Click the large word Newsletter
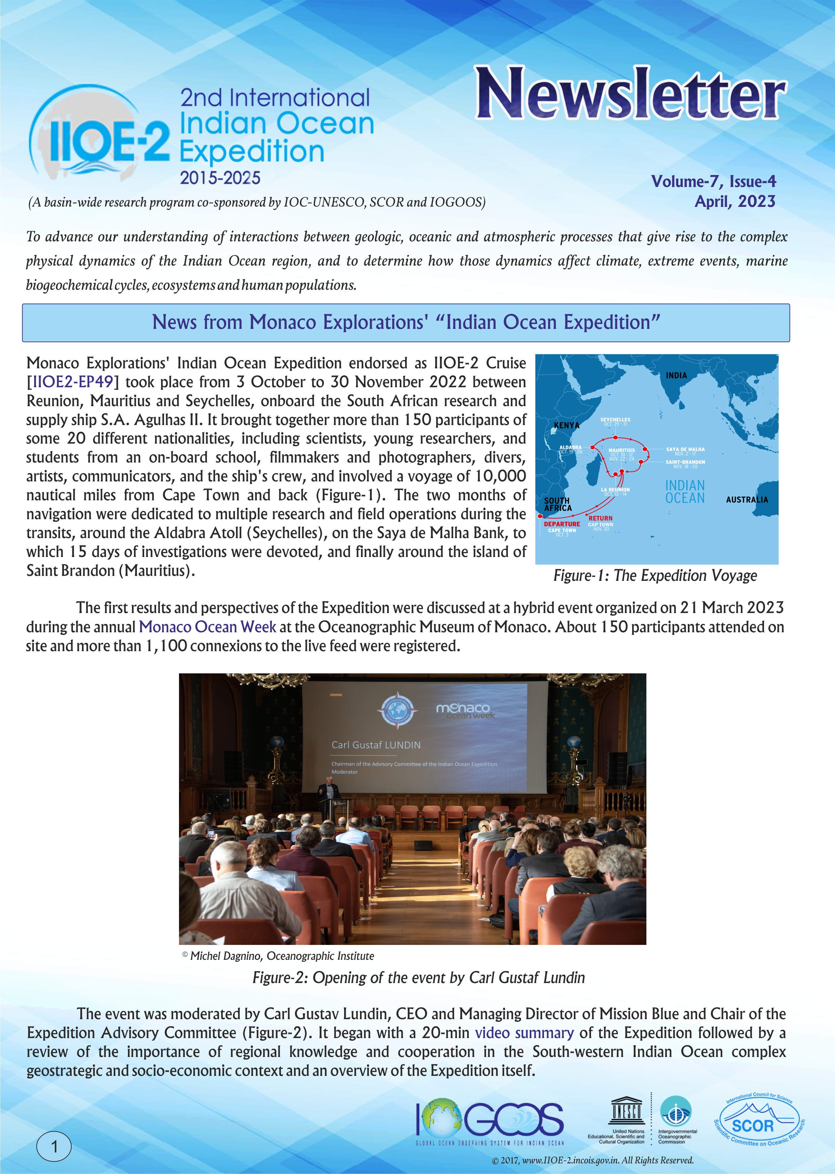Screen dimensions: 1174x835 pos(630,94)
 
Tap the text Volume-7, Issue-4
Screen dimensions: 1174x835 pos(713,182)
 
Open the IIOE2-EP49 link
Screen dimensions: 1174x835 pos(73,382)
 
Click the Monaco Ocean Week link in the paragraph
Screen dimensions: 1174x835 pos(207,627)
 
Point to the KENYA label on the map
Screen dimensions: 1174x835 pos(566,426)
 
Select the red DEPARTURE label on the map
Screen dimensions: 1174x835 pos(562,524)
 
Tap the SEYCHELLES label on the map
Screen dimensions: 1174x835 pos(615,420)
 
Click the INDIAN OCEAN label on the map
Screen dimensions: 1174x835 pos(685,492)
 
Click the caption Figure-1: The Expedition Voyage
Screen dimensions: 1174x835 pos(655,576)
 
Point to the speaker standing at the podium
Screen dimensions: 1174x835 pos(328,792)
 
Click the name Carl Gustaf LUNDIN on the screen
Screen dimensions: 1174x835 pos(376,745)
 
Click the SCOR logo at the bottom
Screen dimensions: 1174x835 pos(759,1126)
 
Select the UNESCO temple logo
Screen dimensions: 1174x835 pos(626,1112)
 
